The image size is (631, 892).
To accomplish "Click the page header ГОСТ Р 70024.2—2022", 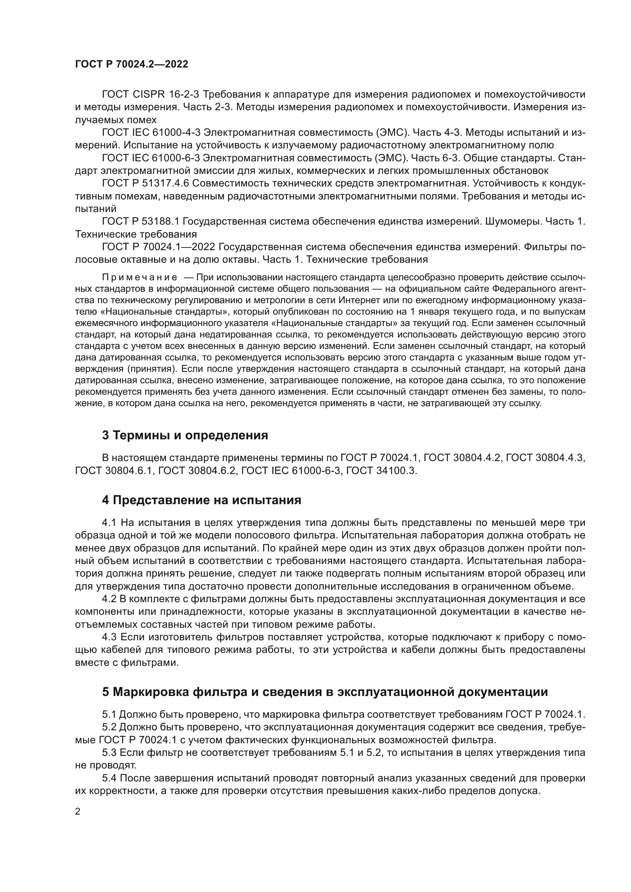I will point(131,64).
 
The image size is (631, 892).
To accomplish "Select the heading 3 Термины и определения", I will point(185,436).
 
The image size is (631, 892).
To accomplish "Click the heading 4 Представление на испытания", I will point(201,500).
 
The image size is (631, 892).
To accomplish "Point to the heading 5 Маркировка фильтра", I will point(325,692).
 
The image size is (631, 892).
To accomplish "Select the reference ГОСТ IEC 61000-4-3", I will point(151,132).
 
